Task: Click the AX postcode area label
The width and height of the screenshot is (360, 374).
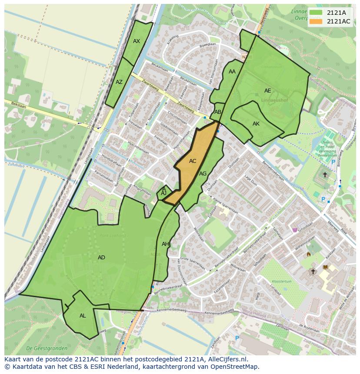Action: (137, 41)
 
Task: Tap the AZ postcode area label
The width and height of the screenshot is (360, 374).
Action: (119, 82)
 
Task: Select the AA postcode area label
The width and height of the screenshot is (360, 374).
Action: (232, 72)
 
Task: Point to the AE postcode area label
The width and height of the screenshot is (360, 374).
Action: (268, 91)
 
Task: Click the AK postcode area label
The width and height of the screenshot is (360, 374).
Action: (256, 124)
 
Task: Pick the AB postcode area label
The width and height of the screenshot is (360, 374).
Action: (218, 112)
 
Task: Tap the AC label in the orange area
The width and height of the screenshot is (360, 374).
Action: (193, 161)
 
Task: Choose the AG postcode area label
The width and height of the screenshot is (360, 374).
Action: (203, 174)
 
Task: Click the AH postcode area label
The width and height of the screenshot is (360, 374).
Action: (165, 244)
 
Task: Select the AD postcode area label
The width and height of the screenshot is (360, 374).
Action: (101, 258)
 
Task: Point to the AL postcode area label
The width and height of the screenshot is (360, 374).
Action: (83, 316)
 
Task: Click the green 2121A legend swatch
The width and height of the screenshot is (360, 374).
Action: (316, 13)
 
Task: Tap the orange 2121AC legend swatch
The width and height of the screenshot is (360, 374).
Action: (316, 21)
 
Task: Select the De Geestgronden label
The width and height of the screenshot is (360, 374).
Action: (47, 348)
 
